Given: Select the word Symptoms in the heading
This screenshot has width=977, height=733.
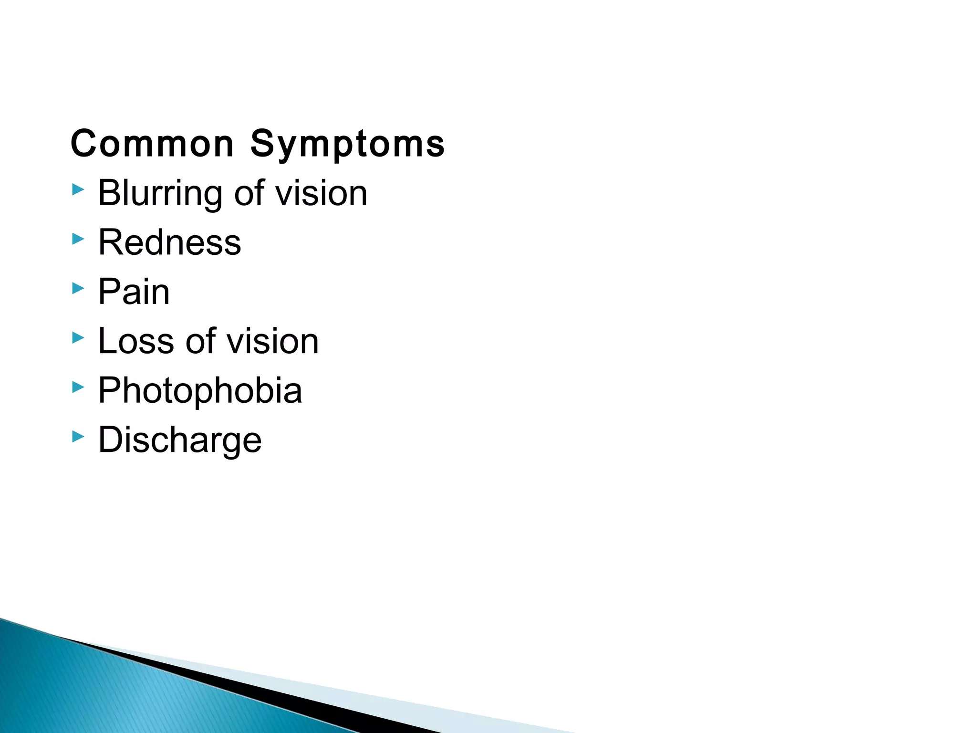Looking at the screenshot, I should (x=347, y=144).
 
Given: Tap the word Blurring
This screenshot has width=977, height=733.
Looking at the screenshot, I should (x=160, y=194).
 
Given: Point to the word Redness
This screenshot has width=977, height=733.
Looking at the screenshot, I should (x=169, y=242).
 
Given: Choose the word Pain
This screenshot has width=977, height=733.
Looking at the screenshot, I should (x=134, y=292).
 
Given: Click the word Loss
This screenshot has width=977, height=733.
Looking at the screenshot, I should (x=136, y=341).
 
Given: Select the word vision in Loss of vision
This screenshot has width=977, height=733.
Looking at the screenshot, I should (x=272, y=341).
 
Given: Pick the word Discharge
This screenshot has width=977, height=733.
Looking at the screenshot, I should (x=180, y=440).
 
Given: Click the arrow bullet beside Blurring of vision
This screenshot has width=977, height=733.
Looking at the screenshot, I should (x=78, y=190).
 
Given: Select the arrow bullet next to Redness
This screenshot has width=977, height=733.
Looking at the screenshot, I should (x=78, y=239).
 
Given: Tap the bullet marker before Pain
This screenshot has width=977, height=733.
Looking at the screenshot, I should (x=78, y=288).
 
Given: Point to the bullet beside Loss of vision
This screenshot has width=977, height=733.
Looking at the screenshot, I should (x=78, y=338).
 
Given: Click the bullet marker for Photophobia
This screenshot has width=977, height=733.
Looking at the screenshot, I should (x=78, y=387).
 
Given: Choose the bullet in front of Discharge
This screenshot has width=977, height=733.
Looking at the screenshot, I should (x=78, y=436).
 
